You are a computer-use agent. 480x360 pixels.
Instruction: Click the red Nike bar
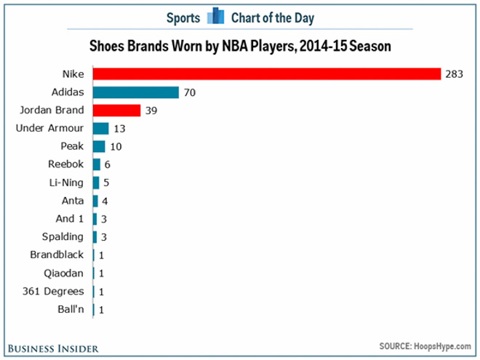[x=267, y=74]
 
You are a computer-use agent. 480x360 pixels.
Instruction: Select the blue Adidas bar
[x=136, y=92]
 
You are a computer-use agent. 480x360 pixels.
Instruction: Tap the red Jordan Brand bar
[x=116, y=111]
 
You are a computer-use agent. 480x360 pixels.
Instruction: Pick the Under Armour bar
[x=101, y=129]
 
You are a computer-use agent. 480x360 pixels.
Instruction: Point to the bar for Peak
[x=99, y=146]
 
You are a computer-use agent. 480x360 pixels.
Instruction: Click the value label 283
[x=455, y=74]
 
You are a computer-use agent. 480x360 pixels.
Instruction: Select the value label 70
[x=190, y=92]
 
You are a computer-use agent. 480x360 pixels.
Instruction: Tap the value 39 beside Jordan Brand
[x=151, y=111]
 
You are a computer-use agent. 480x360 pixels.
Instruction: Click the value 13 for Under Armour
[x=119, y=129]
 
